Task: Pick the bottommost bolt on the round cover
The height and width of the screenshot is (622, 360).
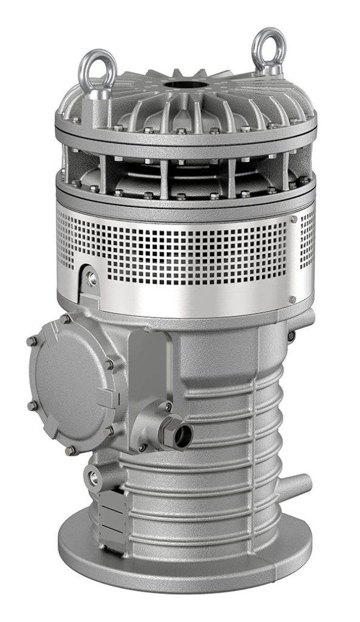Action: point(70,450)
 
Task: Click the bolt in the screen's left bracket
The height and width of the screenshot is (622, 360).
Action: point(92,278)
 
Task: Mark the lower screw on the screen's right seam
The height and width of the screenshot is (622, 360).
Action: point(293,299)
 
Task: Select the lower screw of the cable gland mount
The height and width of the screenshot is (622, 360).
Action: point(143,448)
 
